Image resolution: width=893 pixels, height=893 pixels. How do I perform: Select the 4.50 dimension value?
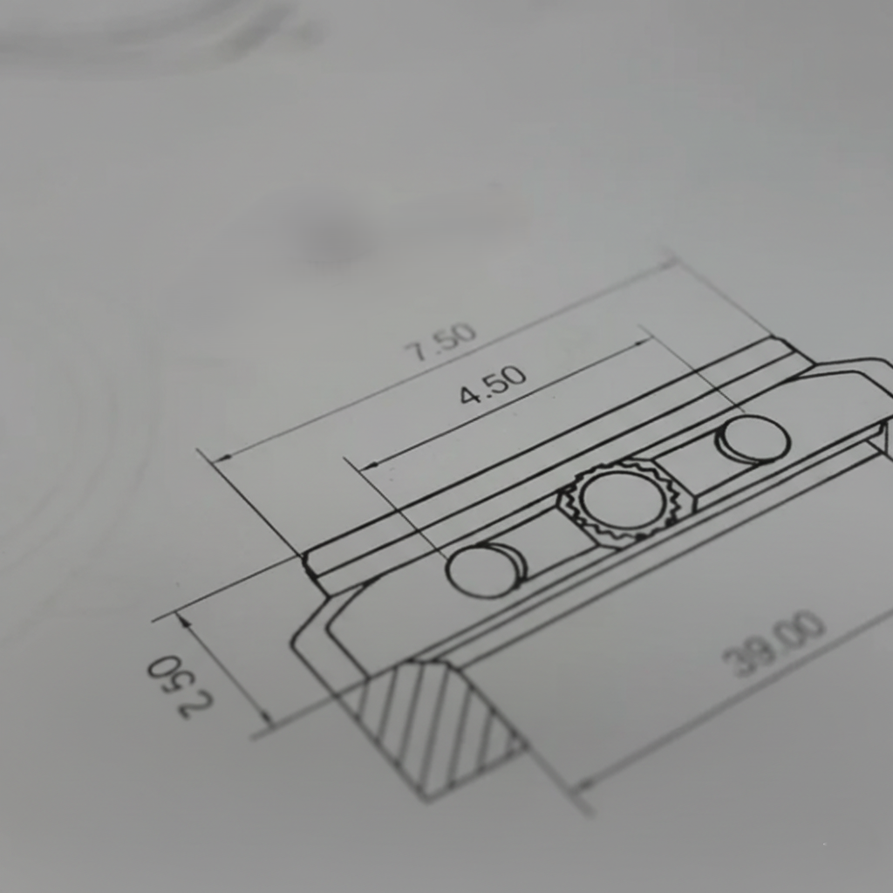tap(494, 385)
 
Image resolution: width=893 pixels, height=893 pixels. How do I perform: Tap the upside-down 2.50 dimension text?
tap(179, 687)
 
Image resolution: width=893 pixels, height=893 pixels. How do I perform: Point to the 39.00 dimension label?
tap(773, 644)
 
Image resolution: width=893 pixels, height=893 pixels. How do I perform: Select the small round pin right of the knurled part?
tap(754, 439)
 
